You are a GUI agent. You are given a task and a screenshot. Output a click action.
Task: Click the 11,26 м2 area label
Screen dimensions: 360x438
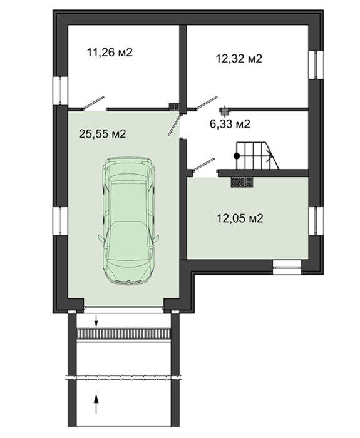click(110, 52)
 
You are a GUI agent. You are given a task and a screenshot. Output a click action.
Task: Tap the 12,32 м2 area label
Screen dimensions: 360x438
click(239, 59)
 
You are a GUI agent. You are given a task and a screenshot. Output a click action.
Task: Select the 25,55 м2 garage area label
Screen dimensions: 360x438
click(103, 134)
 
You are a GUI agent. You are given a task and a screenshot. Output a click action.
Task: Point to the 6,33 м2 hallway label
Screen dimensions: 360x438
click(230, 123)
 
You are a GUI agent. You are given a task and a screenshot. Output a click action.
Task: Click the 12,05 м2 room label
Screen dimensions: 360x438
click(240, 218)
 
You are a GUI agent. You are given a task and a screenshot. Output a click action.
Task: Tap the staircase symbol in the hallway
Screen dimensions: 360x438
click(257, 155)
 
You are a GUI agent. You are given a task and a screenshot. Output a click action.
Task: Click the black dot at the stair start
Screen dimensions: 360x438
click(237, 156)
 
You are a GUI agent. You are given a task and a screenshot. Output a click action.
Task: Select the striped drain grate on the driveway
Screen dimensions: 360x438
click(123, 334)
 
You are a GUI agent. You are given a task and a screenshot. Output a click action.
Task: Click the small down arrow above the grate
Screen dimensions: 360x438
click(96, 320)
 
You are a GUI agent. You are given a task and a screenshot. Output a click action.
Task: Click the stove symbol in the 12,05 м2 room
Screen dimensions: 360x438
click(242, 182)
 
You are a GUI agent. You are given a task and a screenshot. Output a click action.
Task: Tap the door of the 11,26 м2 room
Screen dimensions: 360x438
click(93, 103)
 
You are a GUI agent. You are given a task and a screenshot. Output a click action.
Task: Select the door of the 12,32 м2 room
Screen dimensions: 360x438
click(206, 103)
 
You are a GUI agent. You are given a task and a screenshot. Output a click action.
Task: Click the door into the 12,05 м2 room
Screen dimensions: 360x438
click(203, 164)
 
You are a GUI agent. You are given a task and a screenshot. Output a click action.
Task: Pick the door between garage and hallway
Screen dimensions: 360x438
click(174, 125)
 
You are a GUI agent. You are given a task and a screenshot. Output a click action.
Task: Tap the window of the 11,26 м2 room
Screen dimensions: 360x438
click(60, 91)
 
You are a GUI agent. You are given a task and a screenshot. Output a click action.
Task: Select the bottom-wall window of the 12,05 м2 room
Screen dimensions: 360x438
click(287, 267)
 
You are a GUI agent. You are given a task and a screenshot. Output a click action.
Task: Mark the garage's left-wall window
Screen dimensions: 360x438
click(60, 221)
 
